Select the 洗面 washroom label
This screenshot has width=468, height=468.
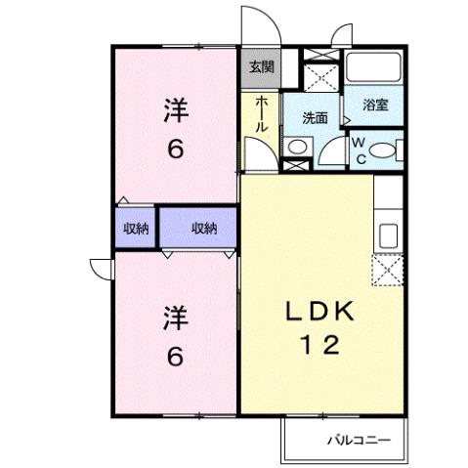(314, 117)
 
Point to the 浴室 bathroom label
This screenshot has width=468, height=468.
(376, 105)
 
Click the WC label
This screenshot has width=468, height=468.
(359, 149)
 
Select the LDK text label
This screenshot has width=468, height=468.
(317, 313)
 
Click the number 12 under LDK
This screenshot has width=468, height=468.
(317, 345)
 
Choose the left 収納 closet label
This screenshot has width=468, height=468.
(136, 229)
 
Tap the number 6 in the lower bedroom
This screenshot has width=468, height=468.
(174, 357)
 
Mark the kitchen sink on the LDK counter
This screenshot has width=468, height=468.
(388, 235)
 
